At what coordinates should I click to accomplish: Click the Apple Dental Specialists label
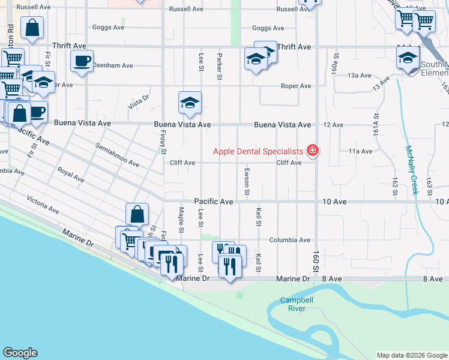[x=258, y=151]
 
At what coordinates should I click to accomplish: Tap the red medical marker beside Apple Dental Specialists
[x=312, y=150]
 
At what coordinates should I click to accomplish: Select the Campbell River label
[x=293, y=304]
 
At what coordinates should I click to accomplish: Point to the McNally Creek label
[x=412, y=171]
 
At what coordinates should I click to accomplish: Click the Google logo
[x=20, y=353]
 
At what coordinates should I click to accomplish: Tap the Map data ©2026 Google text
[x=412, y=355]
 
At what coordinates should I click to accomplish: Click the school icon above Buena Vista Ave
[x=190, y=103]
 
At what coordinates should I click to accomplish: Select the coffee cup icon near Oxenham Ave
[x=82, y=61]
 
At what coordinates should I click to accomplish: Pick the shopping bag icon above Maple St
[x=137, y=214]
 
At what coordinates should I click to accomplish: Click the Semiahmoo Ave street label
[x=117, y=155]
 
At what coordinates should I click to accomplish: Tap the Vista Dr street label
[x=138, y=104]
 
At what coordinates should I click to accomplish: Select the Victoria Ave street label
[x=43, y=204]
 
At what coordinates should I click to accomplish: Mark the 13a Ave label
[x=361, y=76]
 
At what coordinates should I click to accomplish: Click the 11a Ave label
[x=361, y=151]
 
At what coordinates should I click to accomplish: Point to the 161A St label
[x=376, y=125]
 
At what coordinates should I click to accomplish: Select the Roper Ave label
[x=297, y=86]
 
